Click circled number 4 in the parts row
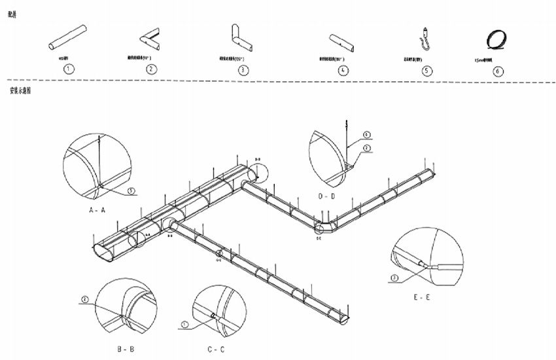(343, 71)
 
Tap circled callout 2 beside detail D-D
(367, 148)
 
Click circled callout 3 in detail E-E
(394, 278)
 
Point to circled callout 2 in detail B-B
(84, 300)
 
